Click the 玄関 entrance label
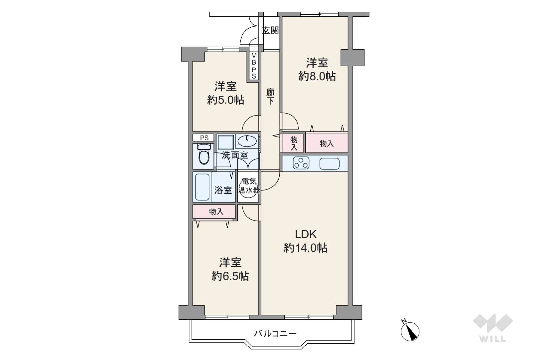[270, 31]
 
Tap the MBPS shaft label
[254, 66]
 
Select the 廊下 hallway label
[270, 97]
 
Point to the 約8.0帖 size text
[317, 76]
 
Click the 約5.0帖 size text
[225, 100]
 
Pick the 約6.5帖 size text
[230, 276]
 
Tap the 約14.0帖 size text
[305, 248]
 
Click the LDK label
[306, 234]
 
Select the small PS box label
[204, 138]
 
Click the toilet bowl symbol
[204, 154]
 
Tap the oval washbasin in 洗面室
[246, 141]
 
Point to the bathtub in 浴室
[202, 187]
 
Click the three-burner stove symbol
[301, 163]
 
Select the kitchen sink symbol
[329, 164]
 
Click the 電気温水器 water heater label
[249, 186]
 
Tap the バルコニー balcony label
[275, 334]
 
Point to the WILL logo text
[493, 339]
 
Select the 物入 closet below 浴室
[214, 212]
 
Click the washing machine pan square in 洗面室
[226, 142]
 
